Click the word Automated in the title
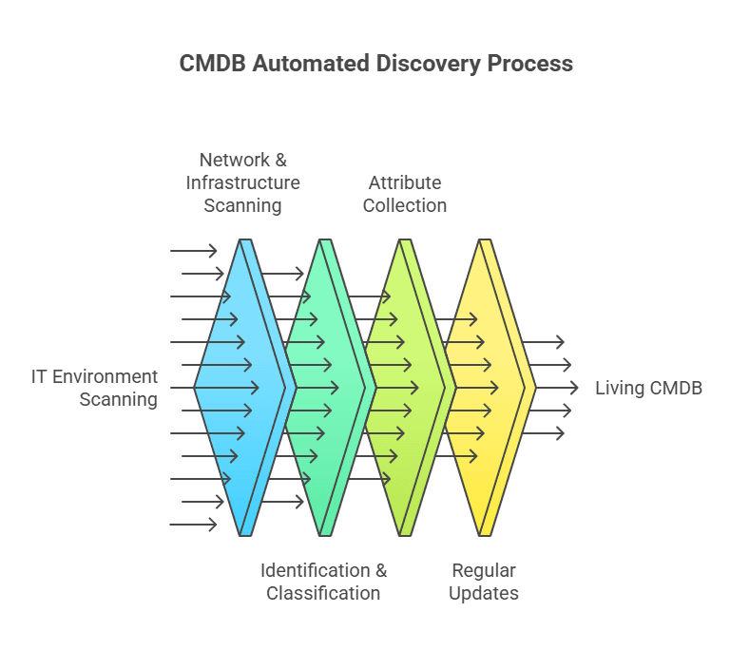310,64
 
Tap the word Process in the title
529,64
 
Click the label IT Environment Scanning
94,388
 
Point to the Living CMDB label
648,388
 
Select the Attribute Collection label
405,194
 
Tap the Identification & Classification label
323,582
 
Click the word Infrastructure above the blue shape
242,182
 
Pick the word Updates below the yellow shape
484,593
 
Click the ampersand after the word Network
279,160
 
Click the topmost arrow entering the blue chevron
194,251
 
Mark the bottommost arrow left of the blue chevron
194,525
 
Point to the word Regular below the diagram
484,570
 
